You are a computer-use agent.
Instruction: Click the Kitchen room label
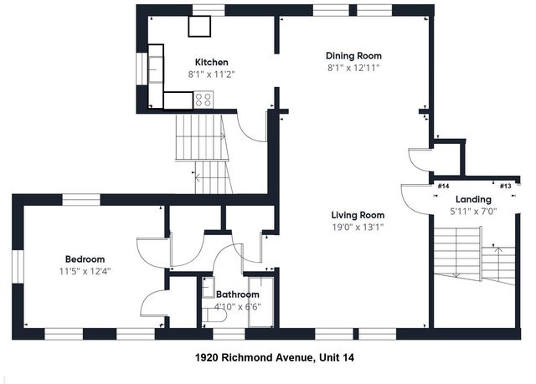[211, 62]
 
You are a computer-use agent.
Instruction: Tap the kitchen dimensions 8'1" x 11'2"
[211, 74]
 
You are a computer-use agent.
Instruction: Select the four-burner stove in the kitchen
[204, 100]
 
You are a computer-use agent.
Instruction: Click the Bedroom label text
[85, 259]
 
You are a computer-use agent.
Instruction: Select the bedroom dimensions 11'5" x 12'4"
[85, 270]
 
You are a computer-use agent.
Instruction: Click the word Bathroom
[238, 294]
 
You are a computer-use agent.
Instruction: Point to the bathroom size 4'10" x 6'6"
[238, 306]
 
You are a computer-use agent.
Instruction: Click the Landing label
[472, 199]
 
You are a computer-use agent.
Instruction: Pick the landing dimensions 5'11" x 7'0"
[472, 211]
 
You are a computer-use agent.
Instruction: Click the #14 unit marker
[443, 186]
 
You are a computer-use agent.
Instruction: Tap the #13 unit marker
[505, 186]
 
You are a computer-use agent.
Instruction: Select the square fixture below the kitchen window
[199, 25]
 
